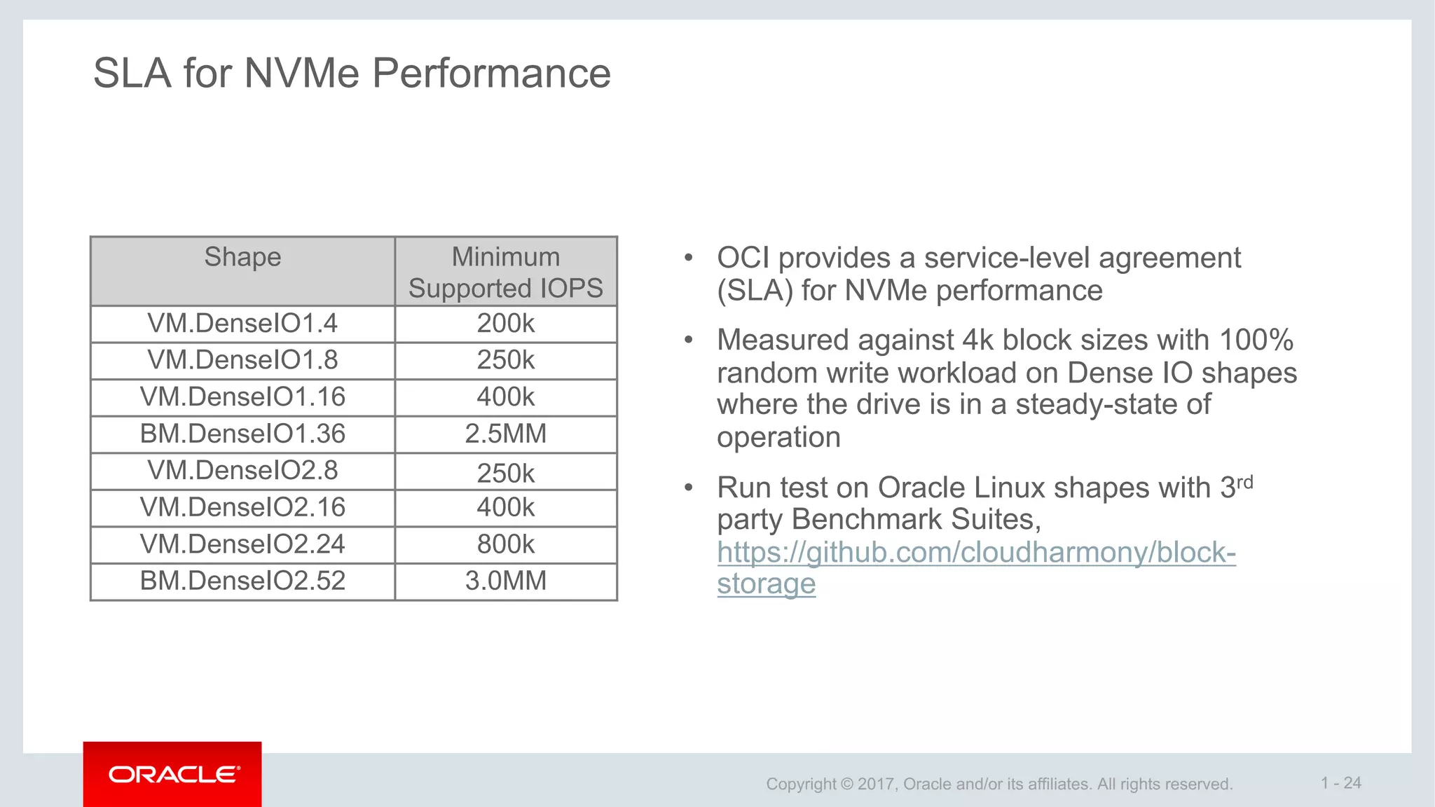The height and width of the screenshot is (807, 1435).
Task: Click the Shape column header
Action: (242, 257)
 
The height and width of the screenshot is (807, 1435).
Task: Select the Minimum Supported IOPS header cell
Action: (505, 273)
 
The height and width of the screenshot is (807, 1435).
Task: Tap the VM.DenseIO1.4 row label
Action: (242, 324)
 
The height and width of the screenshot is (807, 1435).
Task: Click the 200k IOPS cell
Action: (505, 324)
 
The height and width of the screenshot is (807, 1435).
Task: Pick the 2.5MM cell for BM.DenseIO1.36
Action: (505, 434)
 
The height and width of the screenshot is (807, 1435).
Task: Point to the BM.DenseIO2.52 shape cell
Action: (242, 581)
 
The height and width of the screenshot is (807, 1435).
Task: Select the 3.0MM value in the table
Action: (505, 581)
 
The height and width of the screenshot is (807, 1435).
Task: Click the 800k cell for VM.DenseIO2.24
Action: (505, 544)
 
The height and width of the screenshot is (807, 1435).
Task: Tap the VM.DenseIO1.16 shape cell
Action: (242, 397)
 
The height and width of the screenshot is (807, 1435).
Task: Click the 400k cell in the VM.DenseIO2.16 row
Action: (505, 507)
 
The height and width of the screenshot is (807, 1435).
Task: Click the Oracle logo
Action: (173, 774)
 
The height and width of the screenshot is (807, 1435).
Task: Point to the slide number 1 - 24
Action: (1340, 782)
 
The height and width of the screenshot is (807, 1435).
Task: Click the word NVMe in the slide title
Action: (301, 73)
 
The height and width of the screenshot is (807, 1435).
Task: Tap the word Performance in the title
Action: (491, 73)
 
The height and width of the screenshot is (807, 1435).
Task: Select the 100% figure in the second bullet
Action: (1256, 340)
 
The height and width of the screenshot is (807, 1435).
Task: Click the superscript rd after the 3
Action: (1245, 482)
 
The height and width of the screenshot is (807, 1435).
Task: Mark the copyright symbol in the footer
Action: (846, 784)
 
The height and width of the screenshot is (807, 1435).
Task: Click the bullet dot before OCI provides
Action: (689, 258)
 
